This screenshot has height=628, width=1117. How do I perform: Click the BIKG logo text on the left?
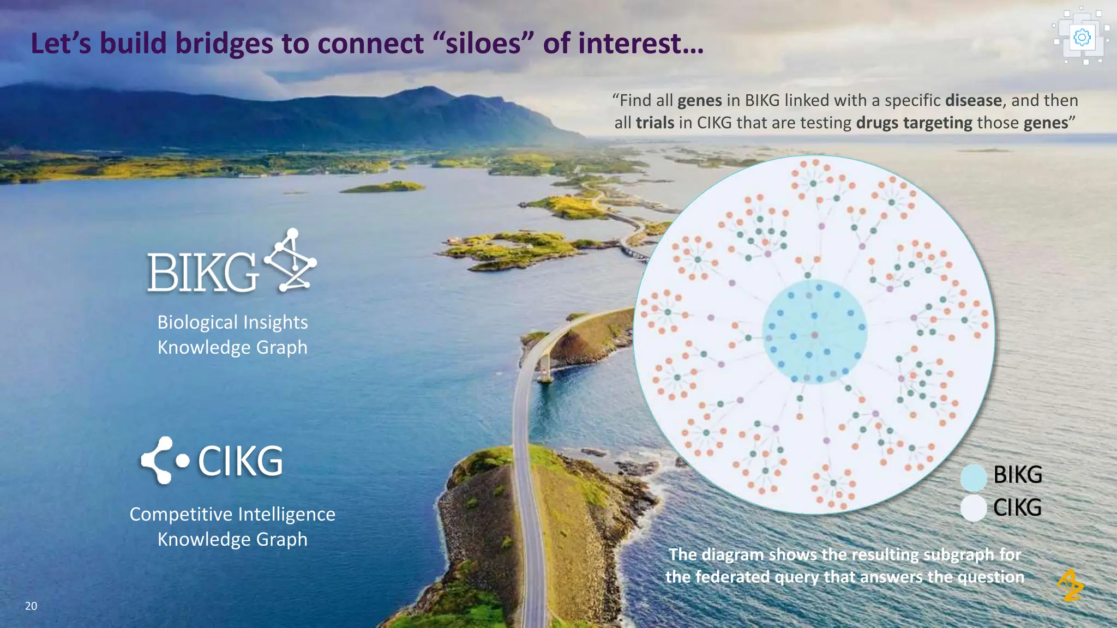202,273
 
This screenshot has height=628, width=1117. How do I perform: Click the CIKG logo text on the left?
241,461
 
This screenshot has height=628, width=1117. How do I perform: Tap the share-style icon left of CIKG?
164,461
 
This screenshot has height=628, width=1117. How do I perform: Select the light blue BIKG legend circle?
974,477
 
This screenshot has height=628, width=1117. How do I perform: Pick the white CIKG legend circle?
974,508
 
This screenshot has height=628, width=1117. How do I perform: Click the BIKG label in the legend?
1018,475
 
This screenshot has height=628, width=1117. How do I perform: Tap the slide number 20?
31,606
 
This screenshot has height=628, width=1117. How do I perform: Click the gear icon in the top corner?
1082,37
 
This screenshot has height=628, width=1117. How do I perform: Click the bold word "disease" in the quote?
973,100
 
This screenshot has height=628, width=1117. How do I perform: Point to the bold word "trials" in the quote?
655,123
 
